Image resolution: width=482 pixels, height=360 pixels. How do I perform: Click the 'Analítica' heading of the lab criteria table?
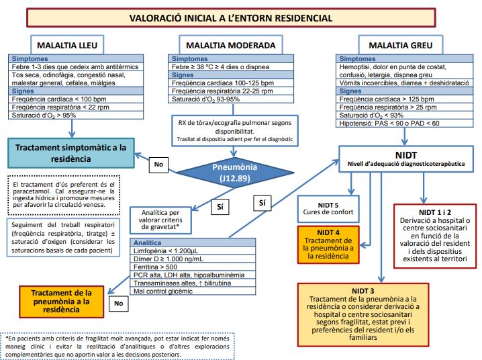[148, 242]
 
